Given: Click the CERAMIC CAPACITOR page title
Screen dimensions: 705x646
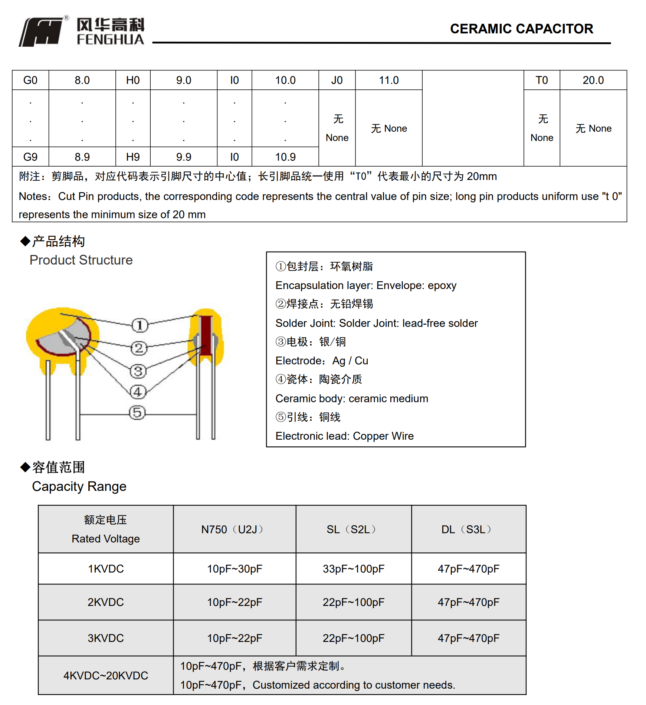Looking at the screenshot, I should pos(521,29).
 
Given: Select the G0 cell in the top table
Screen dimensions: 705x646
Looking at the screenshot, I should pos(30,80).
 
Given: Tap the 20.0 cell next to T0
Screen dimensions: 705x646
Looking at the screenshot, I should pos(593,80).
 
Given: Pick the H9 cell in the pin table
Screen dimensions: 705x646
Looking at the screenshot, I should pos(133,157).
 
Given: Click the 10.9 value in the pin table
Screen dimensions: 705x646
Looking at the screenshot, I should pos(285,157).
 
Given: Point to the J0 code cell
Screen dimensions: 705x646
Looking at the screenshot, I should pos(337,80).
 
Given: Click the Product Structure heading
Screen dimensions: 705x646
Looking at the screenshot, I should pos(81,260).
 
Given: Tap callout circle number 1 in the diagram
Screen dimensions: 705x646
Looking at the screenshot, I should pos(140,325).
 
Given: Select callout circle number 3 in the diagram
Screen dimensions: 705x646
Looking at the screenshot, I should pos(138,371).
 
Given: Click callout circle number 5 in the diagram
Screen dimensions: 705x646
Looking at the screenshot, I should pos(137,413).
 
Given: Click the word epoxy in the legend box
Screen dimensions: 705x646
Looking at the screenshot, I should pos(442,285).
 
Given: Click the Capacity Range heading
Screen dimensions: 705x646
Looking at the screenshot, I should pos(79,486).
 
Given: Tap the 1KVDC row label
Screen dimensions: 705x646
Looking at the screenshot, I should pos(106,569).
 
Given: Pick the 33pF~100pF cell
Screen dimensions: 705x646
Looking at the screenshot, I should pos(353,569).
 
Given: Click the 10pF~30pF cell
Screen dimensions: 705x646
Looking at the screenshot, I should pos(235,569).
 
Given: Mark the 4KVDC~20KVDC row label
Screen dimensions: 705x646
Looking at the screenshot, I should pos(106,675).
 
